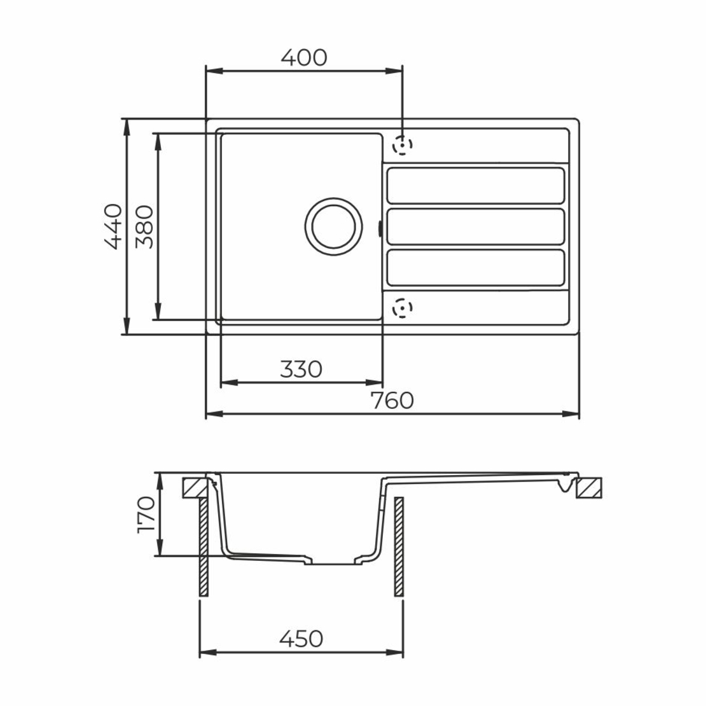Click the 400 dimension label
click(304, 58)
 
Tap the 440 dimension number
click(113, 226)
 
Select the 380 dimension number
click(144, 227)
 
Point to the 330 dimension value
click(301, 369)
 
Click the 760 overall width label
click(392, 400)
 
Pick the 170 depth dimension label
click(146, 515)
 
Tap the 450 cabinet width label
click(301, 639)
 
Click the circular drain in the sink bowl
click(334, 226)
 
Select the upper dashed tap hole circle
click(402, 146)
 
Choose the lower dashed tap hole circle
click(402, 308)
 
